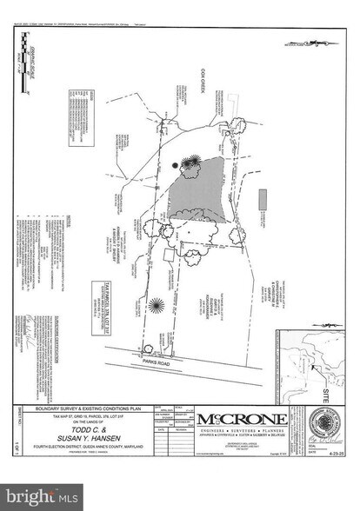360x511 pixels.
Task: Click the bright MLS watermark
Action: click(x=38, y=496)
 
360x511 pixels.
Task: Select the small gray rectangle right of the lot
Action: click(x=261, y=197)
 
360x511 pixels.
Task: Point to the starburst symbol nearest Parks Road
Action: click(x=156, y=305)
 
